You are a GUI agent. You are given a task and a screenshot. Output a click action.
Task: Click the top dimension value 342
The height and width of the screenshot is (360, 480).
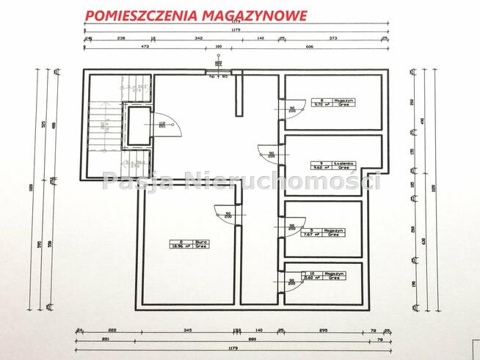pyautogui.click(x=199, y=36)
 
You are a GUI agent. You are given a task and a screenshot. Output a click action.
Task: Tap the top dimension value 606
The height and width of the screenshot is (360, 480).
pyautogui.click(x=308, y=46)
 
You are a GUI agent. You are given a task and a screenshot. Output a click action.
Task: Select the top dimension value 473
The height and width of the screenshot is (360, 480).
pyautogui.click(x=145, y=46)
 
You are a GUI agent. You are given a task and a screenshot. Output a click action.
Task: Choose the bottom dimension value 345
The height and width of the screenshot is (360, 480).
pyautogui.click(x=188, y=331)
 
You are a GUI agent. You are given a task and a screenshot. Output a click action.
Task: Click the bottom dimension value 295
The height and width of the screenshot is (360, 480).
pyautogui.click(x=323, y=331)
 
